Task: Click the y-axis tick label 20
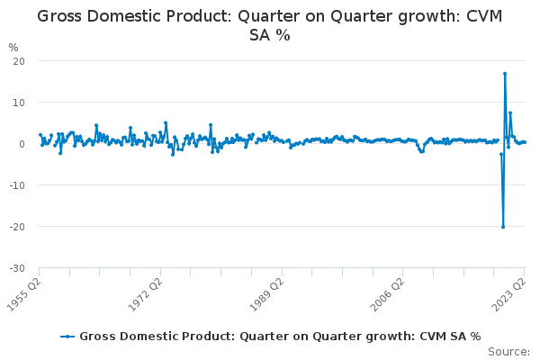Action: tap(17, 61)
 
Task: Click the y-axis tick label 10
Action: tap(17, 103)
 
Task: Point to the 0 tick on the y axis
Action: tap(20, 144)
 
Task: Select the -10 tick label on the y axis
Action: tap(15, 185)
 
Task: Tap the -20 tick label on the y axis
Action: tap(15, 227)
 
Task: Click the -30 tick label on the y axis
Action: tap(15, 268)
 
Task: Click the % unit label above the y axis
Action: tap(13, 47)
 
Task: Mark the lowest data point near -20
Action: tap(503, 227)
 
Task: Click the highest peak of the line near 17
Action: tap(505, 74)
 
